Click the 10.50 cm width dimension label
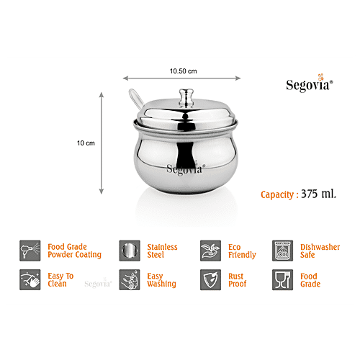coord(183,71)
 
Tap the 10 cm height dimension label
coord(86,143)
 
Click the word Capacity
coord(278,194)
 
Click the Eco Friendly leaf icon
coord(210,251)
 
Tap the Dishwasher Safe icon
coord(282,251)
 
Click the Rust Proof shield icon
coord(210,279)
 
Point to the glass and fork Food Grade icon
coord(282,279)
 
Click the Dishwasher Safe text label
coord(321,251)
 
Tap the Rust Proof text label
coord(237,279)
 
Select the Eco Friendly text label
coord(242,251)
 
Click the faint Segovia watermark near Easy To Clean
coord(97,284)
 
